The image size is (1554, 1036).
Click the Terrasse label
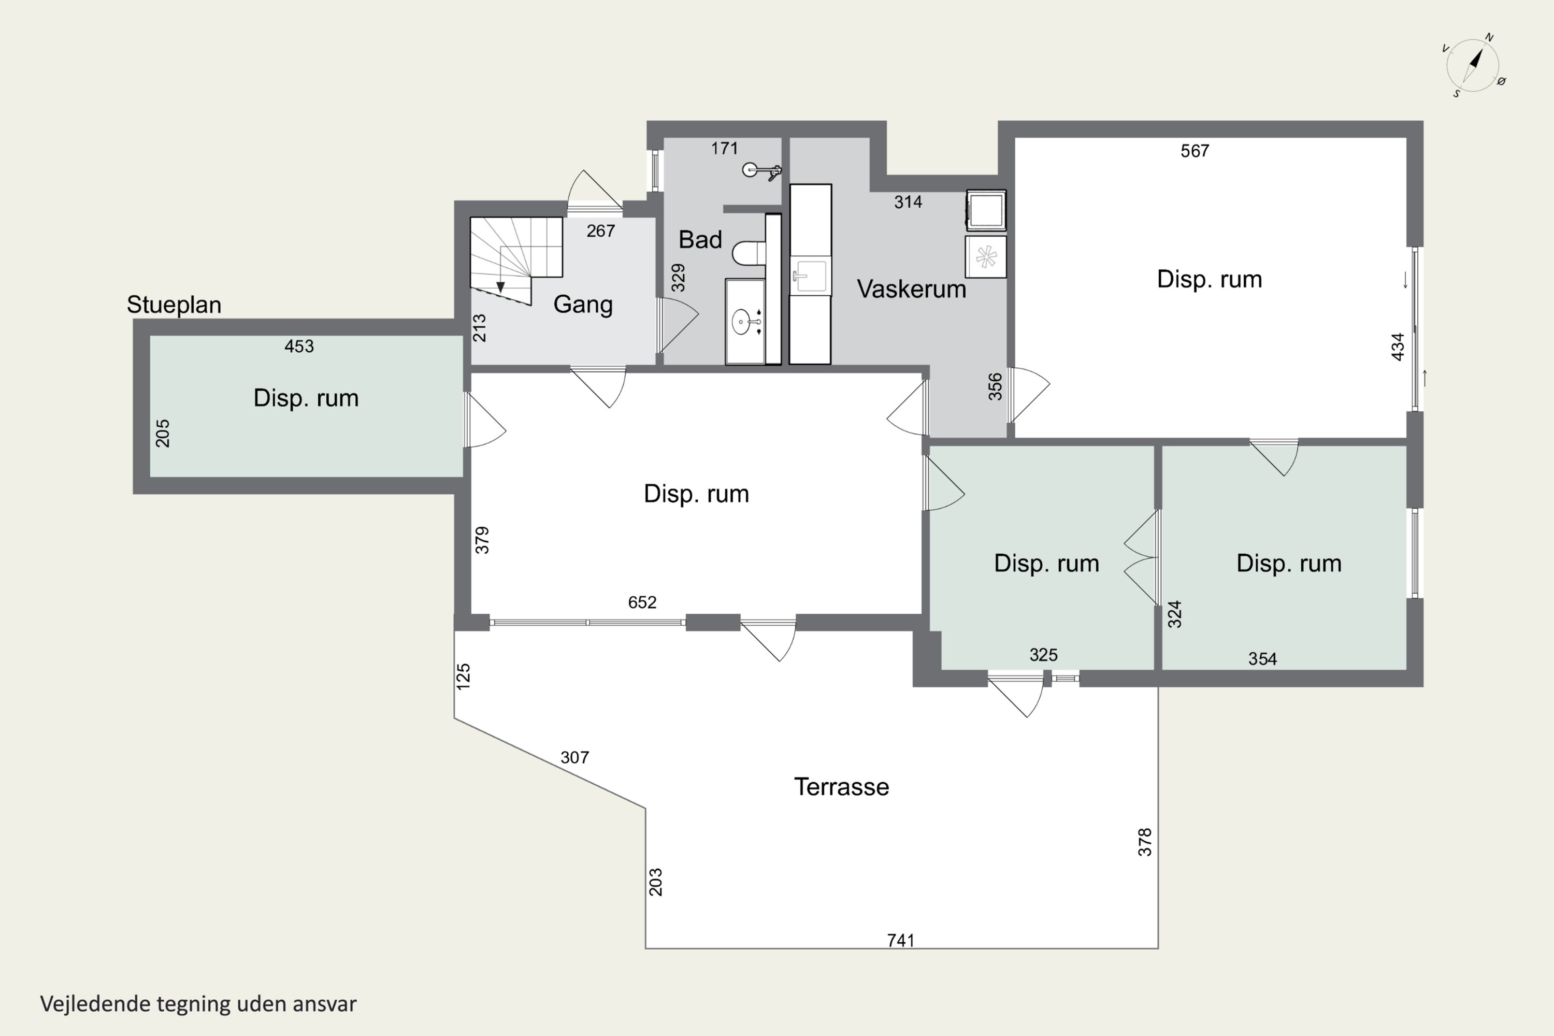coord(841,787)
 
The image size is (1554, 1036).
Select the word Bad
coord(700,239)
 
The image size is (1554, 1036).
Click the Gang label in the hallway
coord(583,305)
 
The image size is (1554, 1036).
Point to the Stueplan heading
coord(174,305)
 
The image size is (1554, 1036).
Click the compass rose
coord(1473,65)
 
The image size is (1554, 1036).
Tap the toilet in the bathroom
coord(749,252)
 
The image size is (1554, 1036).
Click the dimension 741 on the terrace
coord(901,940)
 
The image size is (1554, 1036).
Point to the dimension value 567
coord(1195,151)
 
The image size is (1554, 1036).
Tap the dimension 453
coord(299,346)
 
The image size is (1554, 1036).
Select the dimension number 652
coord(642,602)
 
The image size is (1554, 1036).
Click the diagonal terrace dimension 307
coord(574,757)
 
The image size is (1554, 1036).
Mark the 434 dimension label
coord(1398,347)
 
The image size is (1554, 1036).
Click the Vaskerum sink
coord(811,276)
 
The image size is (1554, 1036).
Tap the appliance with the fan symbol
coord(986,257)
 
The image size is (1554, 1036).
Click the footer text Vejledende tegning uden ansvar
coord(198,1004)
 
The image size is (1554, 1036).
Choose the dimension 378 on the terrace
coord(1144,842)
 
